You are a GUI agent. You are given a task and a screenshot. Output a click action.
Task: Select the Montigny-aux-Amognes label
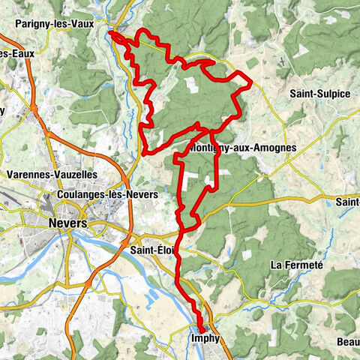point(244,148)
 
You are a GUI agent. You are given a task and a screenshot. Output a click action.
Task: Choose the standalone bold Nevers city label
point(66,223)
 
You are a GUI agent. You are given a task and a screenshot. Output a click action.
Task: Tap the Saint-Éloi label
point(153,250)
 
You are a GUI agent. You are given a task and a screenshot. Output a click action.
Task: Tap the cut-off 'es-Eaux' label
point(12,54)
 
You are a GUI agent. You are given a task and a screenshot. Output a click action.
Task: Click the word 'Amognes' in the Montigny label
point(274,148)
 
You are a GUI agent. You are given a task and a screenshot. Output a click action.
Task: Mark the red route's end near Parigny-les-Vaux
point(111,32)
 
